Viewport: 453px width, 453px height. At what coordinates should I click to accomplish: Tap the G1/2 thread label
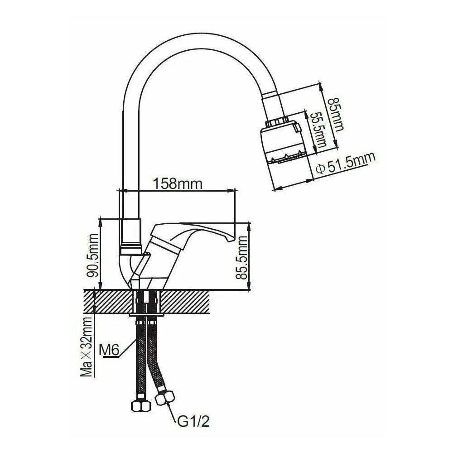[192, 423]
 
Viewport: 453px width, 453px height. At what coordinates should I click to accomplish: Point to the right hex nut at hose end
[164, 399]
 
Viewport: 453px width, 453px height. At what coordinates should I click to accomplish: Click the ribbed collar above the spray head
[277, 121]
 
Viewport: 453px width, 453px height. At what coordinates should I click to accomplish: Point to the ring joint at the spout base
[131, 248]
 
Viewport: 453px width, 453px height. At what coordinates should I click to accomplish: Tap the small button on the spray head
[298, 130]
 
